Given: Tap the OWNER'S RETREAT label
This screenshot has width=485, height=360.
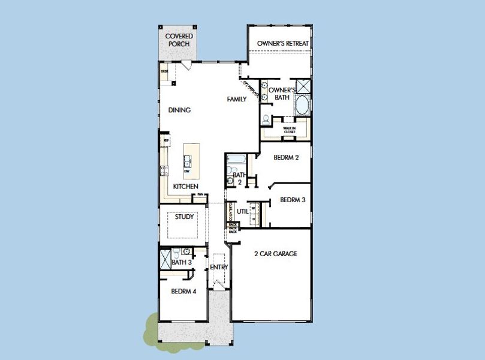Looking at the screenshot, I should pyautogui.click(x=282, y=44).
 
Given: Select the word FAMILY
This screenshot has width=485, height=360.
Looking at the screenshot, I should pyautogui.click(x=236, y=99).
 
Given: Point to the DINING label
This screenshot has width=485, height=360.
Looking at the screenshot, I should pyautogui.click(x=179, y=110).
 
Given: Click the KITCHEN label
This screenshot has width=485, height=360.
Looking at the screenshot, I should pyautogui.click(x=185, y=187).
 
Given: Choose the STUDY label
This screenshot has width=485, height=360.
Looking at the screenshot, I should pyautogui.click(x=184, y=217).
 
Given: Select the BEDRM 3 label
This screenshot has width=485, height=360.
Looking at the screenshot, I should pyautogui.click(x=293, y=200).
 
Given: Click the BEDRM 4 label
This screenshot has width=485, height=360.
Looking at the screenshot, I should pyautogui.click(x=183, y=292).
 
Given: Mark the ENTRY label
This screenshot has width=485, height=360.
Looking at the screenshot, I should pyautogui.click(x=219, y=267).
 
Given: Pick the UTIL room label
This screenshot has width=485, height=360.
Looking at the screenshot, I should pyautogui.click(x=242, y=211).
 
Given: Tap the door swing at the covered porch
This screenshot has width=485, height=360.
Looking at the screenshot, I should pyautogui.click(x=187, y=65).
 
